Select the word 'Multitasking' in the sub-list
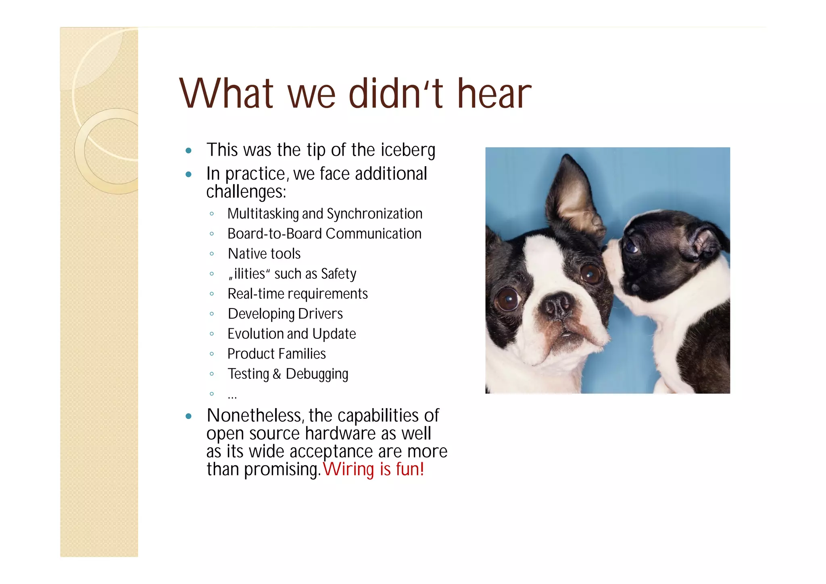click(263, 214)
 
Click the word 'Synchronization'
click(374, 214)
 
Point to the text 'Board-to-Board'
click(275, 234)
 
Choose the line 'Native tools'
click(264, 254)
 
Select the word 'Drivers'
click(320, 314)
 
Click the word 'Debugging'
click(317, 374)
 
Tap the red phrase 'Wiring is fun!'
click(373, 469)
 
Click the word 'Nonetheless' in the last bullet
click(254, 415)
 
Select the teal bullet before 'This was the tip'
click(188, 151)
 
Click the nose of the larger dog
click(558, 305)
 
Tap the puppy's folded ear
click(705, 242)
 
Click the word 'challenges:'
click(246, 192)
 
